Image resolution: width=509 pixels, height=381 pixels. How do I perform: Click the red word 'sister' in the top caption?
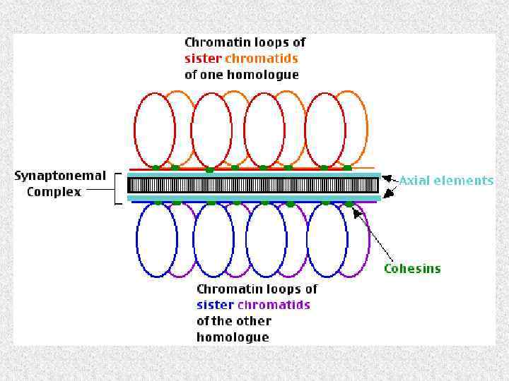click(x=201, y=59)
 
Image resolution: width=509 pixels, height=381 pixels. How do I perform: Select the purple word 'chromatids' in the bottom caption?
click(x=274, y=305)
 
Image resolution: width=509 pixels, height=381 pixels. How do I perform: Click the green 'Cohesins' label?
click(x=412, y=268)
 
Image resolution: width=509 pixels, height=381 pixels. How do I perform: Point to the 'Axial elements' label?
click(x=446, y=181)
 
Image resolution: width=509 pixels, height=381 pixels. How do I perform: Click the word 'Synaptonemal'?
click(x=60, y=176)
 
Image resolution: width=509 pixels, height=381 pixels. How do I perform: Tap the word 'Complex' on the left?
click(x=54, y=192)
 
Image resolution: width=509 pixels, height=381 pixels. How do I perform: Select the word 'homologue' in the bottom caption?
click(x=233, y=337)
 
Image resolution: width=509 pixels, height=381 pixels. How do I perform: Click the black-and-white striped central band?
click(x=255, y=185)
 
